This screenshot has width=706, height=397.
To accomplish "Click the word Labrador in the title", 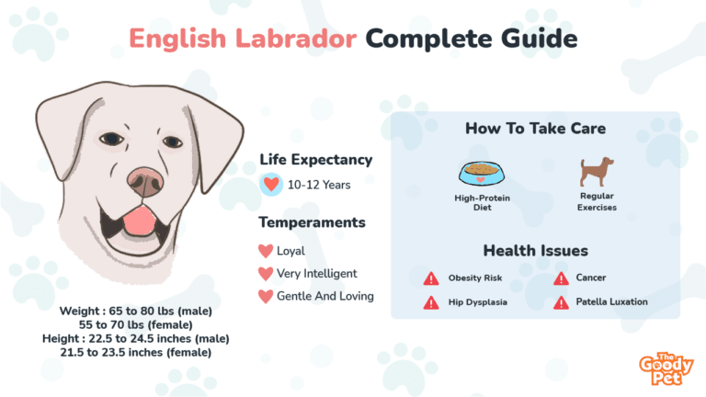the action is coord(296,39).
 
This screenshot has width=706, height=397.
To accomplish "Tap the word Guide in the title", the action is coord(539,39).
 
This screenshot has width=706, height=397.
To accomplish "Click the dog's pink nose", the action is coord(145,182).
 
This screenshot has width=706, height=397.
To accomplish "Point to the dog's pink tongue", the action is coord(139,221).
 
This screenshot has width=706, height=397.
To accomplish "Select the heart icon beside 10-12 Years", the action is coord(271,185).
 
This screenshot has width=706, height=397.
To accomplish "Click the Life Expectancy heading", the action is coord(315,160).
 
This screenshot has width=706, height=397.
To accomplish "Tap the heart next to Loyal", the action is coord(266,251).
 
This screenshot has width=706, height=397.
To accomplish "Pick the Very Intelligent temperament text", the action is coord(316,273).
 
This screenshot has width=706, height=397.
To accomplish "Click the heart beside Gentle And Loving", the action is coord(266,296).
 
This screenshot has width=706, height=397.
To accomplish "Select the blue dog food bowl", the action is coord(482,174).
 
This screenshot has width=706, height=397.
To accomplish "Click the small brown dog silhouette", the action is coord(597,172).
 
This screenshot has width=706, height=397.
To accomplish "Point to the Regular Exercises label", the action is coord(597,201).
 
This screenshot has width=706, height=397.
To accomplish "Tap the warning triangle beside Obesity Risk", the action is coord(431,278).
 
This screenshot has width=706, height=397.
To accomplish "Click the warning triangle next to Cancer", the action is coord(561,278).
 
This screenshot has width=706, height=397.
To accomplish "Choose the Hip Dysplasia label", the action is coord(478,302).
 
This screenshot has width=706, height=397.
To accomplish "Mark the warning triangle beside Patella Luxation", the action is coord(561,302).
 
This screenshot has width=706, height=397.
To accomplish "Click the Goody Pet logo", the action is coord(666,369).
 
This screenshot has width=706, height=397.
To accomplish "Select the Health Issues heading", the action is coord(535,251).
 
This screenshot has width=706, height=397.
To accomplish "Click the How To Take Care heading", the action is coord(535,129).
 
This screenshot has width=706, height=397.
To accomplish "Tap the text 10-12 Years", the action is coord(319,185).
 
